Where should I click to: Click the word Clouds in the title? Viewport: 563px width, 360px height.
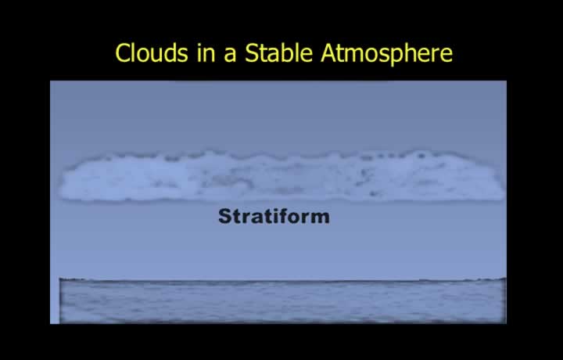pos(152,52)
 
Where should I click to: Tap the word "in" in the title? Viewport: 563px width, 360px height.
pos(206,52)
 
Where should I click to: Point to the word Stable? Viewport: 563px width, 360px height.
pos(278,52)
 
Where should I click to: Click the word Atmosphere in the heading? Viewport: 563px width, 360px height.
pos(387,54)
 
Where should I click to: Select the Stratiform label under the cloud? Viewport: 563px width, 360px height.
pos(274,216)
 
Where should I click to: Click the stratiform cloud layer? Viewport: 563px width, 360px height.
pos(281,176)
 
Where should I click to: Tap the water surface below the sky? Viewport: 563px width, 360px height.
pos(282,301)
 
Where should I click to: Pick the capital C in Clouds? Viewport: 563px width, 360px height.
pos(122,52)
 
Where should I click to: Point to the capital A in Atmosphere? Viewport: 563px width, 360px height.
pos(328,53)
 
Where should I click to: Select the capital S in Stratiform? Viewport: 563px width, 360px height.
pos(226,216)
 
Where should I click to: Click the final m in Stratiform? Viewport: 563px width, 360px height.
pos(321,218)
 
